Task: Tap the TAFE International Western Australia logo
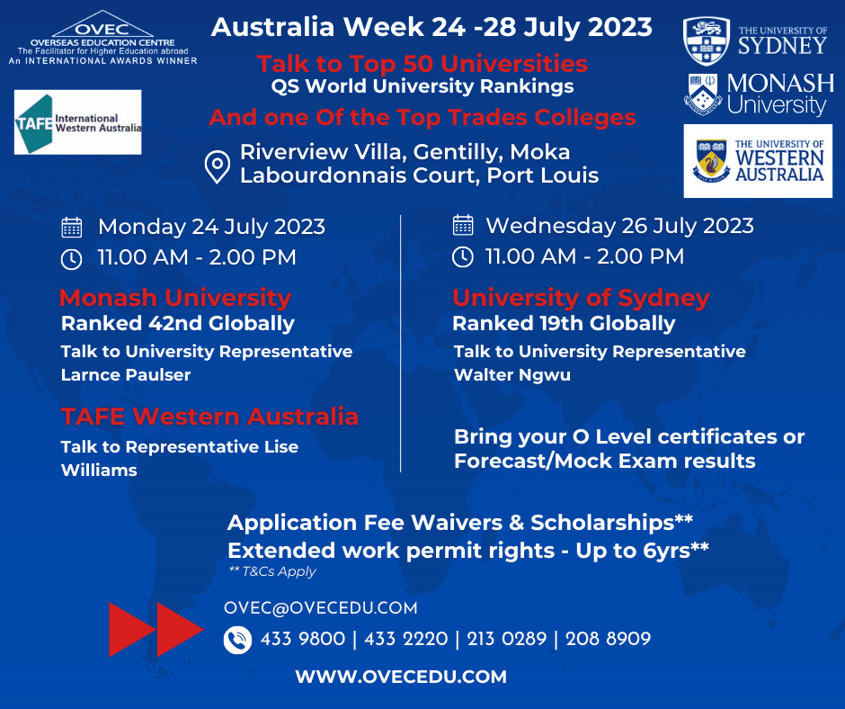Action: coord(77,122)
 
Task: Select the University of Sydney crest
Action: coord(707,41)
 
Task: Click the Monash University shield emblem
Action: coord(703,94)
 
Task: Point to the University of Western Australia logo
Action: coord(758,161)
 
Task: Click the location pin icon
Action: coord(218,166)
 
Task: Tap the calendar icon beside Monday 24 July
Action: coord(72,227)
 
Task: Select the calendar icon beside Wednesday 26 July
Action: coord(463,225)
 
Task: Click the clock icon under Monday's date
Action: coord(72,259)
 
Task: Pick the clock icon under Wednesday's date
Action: coord(463,256)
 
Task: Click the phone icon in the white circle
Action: coord(237,640)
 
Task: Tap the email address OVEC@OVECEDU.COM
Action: coord(321,608)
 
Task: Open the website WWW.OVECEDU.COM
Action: coord(401,677)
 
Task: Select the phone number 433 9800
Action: coord(303,639)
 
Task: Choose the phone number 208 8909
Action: coord(608,639)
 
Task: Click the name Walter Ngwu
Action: coord(512,375)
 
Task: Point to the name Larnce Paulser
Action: coord(126,375)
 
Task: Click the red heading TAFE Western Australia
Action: coord(209,417)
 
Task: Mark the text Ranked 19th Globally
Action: coord(564,324)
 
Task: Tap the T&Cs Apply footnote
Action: coord(272,571)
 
